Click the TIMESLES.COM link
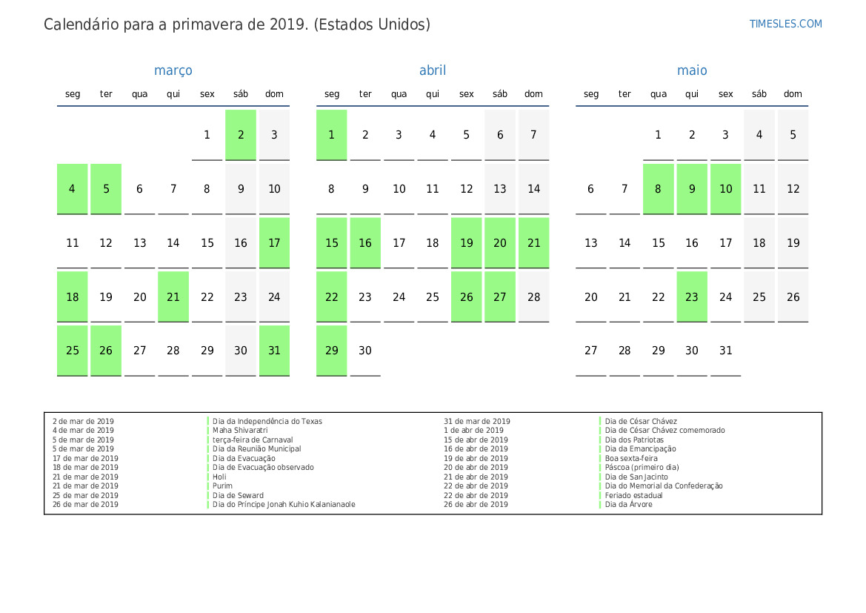pos(785,24)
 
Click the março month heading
pos(173,70)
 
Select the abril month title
pos(433,70)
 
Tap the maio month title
pos(692,70)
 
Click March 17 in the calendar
pos(274,242)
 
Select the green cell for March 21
pos(173,296)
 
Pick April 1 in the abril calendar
pos(331,135)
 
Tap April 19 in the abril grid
pos(466,242)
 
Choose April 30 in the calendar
pos(365,351)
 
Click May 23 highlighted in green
pos(692,296)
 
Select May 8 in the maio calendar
pos(658,189)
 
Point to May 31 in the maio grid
pos(725,351)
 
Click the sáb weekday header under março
pos(241,94)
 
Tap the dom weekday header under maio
pos(793,94)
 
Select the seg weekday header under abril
pos(332,94)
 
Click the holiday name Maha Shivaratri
pos(240,430)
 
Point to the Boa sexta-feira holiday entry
pos(631,458)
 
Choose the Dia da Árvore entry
pos(628,505)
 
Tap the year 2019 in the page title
pos(287,24)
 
